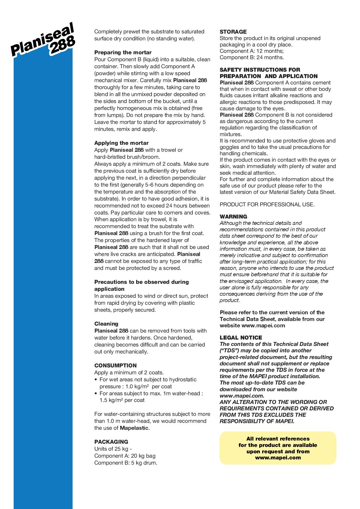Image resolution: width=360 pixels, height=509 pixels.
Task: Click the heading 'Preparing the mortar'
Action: [x=123, y=53]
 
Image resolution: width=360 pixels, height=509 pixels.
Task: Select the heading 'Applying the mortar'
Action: [x=121, y=143]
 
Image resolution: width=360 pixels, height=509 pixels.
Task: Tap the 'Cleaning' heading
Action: [x=106, y=324]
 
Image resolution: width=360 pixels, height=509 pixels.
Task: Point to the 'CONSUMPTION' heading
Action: [x=115, y=366]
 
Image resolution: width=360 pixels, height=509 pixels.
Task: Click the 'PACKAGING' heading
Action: [x=111, y=442]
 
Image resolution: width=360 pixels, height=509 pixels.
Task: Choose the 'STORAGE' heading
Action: [x=233, y=32]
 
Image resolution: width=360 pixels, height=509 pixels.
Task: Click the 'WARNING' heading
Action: [x=233, y=217]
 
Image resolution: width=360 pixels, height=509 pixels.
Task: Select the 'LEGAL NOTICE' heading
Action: [x=241, y=338]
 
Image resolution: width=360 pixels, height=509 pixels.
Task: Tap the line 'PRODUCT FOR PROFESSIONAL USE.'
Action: [x=267, y=205]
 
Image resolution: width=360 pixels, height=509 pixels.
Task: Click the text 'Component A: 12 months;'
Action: [x=251, y=51]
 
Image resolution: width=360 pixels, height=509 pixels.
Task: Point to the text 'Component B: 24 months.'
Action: [x=251, y=57]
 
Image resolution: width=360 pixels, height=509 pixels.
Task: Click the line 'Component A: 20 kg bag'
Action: [x=125, y=456]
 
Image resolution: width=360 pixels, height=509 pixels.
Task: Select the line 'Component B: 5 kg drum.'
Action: [x=126, y=463]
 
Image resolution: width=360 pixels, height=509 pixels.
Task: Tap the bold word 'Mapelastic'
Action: [x=134, y=428]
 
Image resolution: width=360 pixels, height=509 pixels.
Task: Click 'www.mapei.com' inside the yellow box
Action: [x=278, y=458]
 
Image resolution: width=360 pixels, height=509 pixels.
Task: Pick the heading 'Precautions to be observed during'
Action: [x=141, y=282]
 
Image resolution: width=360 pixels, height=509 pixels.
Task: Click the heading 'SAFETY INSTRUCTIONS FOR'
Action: [x=260, y=70]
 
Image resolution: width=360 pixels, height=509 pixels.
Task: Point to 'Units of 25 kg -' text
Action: [x=113, y=449]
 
